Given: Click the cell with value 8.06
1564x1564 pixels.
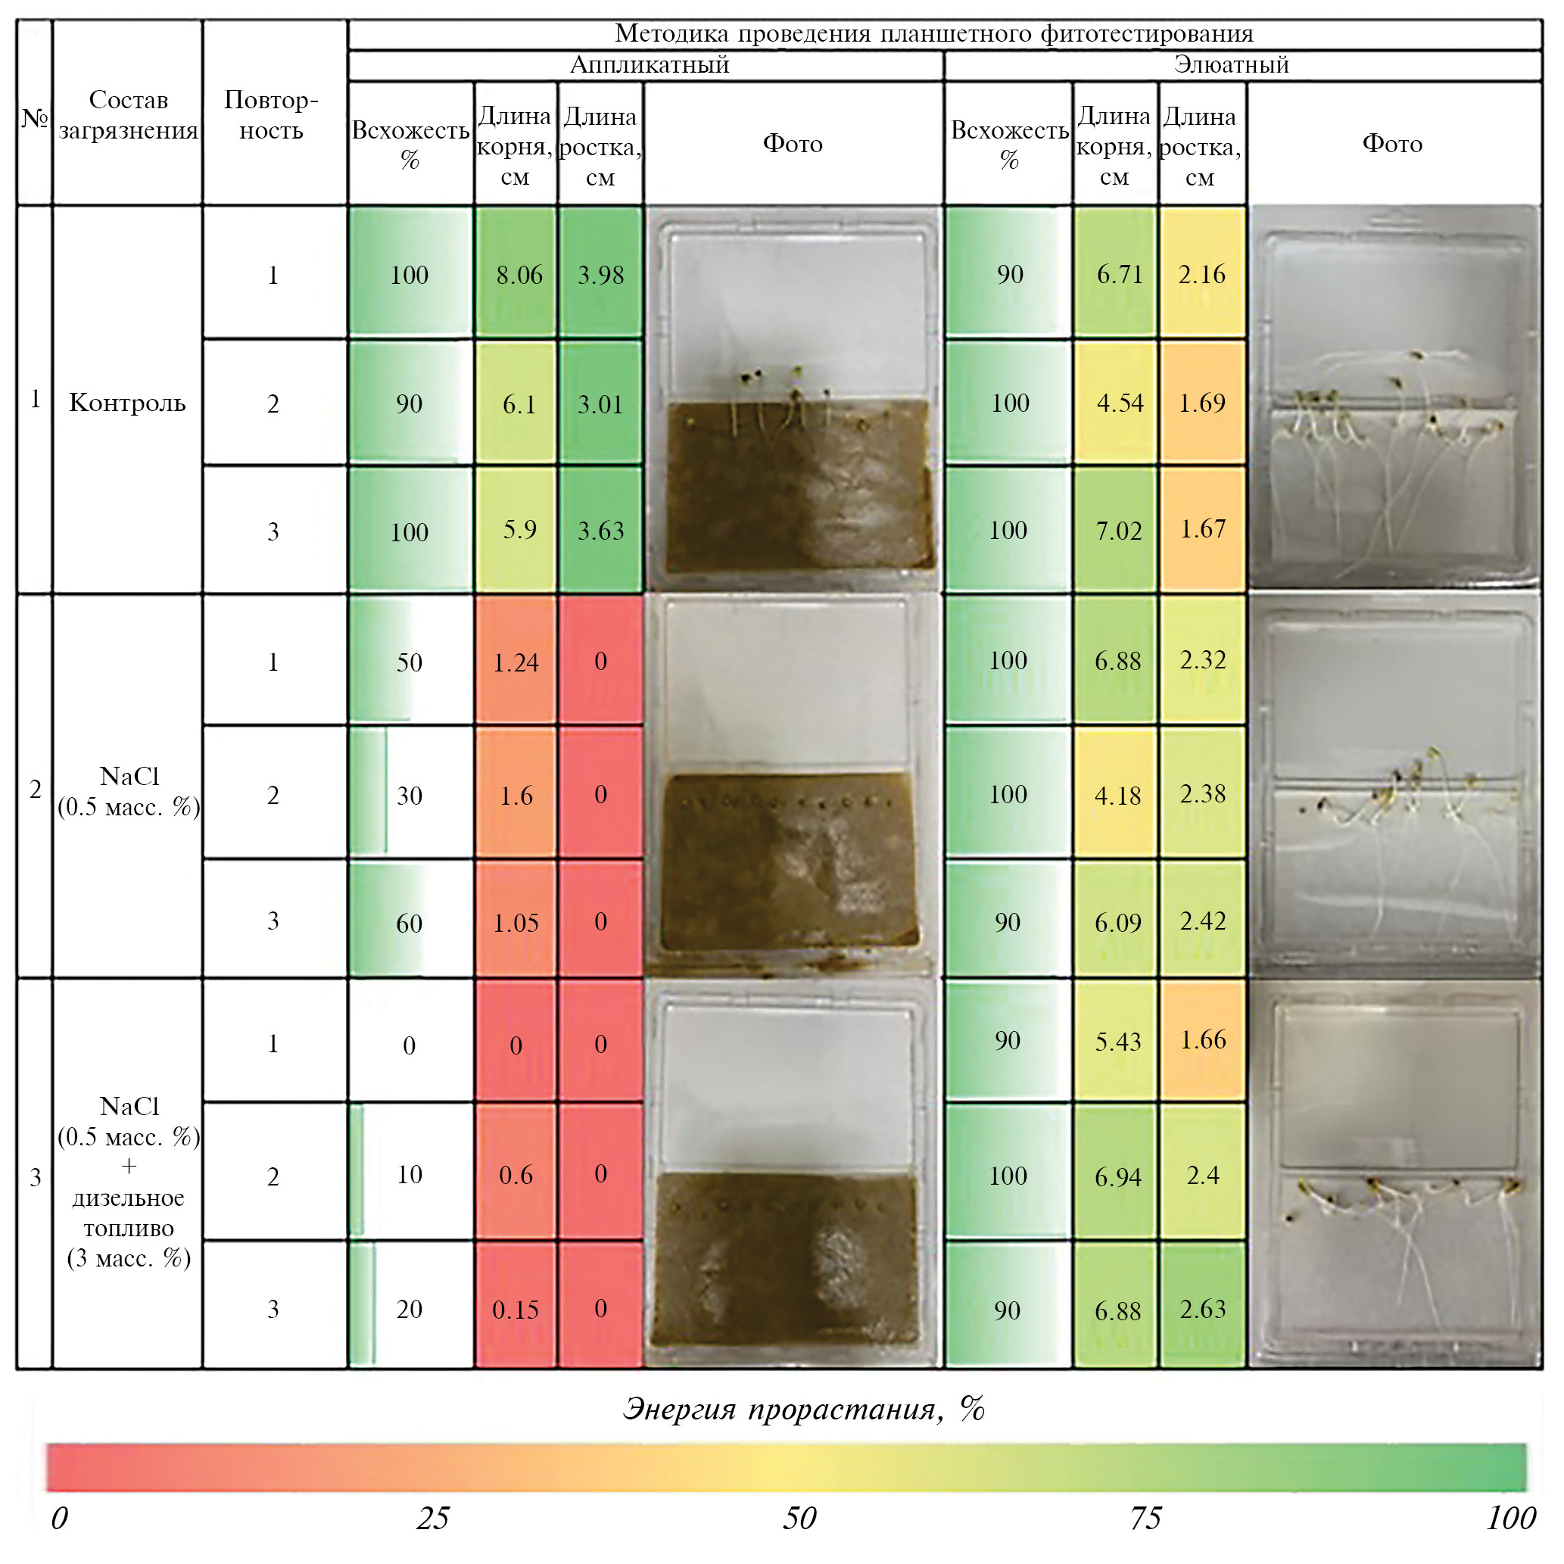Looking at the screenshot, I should (519, 276).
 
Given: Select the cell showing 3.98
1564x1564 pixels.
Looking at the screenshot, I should (600, 276).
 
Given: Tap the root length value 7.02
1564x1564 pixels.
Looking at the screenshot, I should (1118, 531).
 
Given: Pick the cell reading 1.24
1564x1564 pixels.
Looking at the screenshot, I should (516, 663).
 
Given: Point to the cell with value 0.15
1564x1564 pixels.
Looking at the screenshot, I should (516, 1310).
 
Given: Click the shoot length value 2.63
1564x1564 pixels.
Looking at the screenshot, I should (1203, 1309).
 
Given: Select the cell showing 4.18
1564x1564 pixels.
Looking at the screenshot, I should (1118, 796).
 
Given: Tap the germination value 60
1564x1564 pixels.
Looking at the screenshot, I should (410, 924).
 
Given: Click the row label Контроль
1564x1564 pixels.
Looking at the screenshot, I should (127, 402).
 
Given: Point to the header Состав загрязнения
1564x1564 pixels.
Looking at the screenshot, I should (128, 115).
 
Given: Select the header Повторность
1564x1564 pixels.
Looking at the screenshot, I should (272, 115).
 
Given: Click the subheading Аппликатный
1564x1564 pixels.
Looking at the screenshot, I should (650, 65).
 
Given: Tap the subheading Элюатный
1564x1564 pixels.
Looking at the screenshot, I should (1231, 65).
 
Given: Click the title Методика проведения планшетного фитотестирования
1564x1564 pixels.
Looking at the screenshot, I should (933, 33).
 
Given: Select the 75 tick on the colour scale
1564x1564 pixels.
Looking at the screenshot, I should (1145, 1518).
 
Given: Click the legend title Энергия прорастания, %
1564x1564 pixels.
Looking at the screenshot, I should (803, 1410).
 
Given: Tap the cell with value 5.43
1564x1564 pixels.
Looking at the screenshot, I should (1118, 1042).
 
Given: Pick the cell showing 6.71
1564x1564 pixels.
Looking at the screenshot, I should (1120, 275).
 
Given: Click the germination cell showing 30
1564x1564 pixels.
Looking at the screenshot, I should (410, 796).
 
